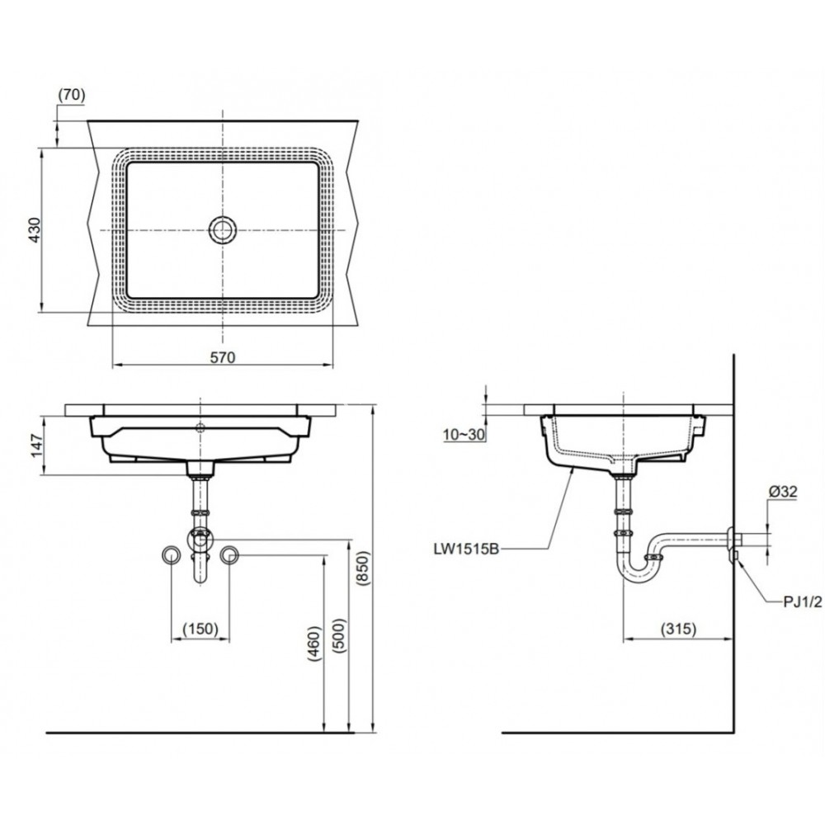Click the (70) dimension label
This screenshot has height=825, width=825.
tap(71, 95)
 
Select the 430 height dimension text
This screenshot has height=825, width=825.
tap(34, 230)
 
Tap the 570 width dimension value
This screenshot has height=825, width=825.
tap(222, 357)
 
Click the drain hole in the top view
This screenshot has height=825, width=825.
tap(223, 230)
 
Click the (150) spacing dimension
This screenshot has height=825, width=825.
tap(199, 629)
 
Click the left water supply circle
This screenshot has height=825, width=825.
tap(171, 555)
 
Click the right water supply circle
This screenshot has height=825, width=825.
tap(229, 555)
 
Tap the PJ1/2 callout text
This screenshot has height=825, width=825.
tap(802, 602)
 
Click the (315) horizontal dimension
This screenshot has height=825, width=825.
tap(678, 629)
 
